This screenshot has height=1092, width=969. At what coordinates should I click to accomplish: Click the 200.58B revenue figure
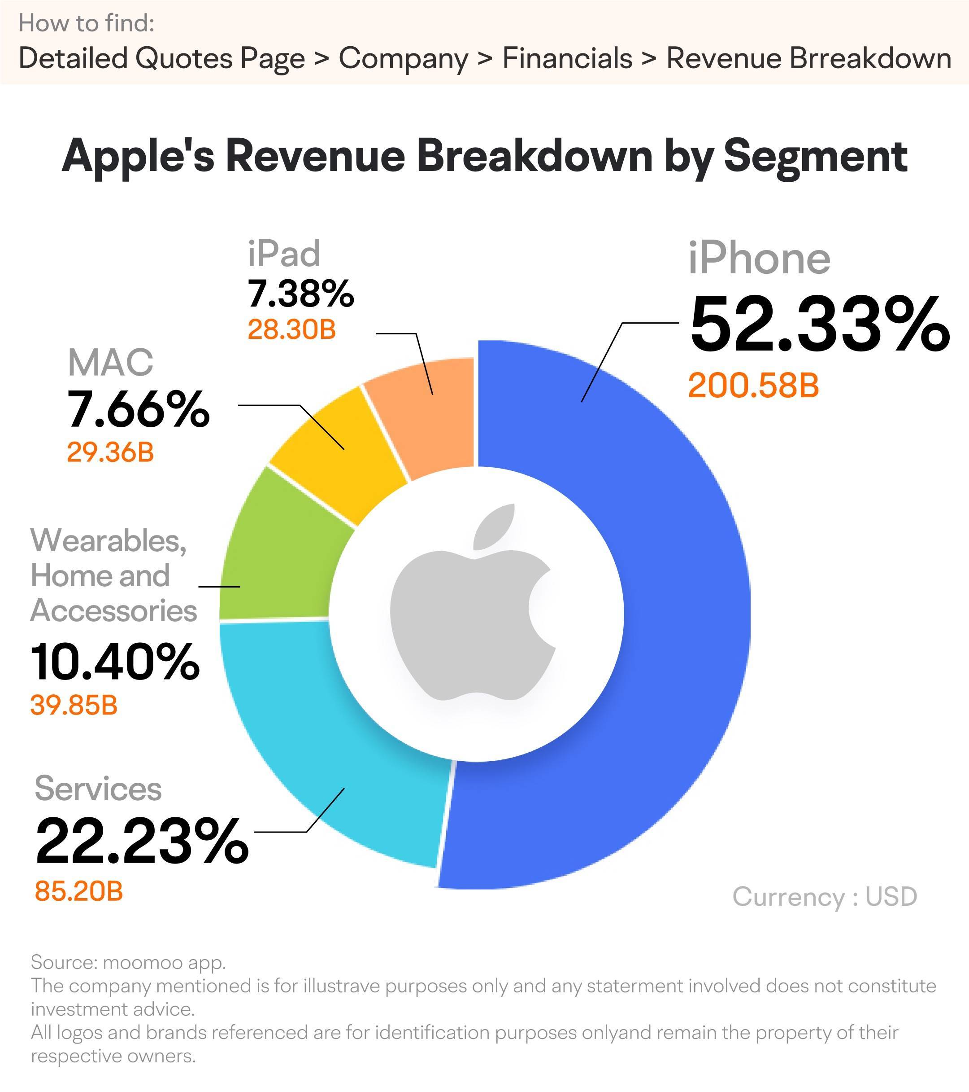753,386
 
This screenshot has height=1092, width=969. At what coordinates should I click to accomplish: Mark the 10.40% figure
115,662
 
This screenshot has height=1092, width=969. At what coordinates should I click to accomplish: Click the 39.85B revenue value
74,705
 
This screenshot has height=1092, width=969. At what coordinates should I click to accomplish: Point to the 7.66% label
138,409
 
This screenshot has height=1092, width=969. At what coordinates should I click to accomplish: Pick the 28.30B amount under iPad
291,329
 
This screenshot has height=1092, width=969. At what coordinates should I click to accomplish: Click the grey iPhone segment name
759,259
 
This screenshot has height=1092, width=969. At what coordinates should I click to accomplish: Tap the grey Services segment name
98,789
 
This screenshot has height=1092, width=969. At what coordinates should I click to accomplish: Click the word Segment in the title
815,156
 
